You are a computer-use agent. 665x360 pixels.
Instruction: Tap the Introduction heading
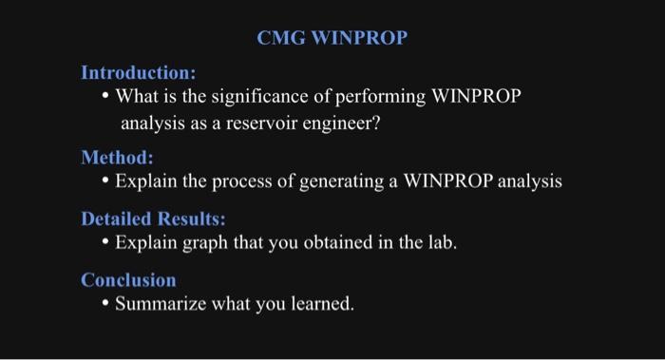click(139, 72)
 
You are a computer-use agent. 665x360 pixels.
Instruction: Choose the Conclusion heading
click(128, 280)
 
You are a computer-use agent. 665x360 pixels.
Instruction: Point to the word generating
click(360, 180)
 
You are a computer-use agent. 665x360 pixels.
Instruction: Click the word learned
click(319, 305)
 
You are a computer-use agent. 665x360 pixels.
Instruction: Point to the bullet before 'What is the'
click(106, 97)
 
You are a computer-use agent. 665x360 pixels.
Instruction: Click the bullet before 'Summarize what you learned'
click(105, 305)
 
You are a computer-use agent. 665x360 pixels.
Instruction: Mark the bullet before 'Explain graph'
click(105, 242)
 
